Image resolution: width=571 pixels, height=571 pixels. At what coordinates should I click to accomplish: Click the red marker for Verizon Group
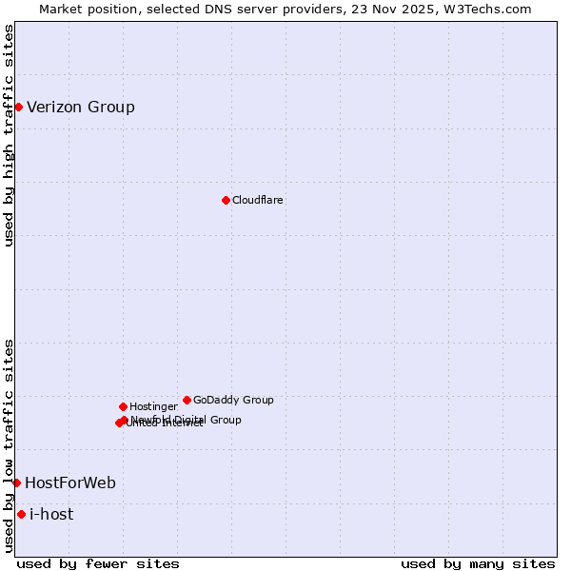18,107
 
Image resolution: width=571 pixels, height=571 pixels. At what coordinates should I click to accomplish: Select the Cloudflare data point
226,200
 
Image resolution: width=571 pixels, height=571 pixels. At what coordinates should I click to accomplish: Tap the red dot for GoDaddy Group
187,400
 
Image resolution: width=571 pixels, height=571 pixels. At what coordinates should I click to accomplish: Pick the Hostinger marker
123,406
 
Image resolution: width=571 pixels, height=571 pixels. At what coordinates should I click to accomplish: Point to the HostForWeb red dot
16,482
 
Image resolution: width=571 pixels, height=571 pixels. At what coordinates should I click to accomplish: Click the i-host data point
21,514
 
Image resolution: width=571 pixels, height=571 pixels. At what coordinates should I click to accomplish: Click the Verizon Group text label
81,107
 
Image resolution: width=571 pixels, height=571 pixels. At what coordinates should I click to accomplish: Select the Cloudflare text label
258,200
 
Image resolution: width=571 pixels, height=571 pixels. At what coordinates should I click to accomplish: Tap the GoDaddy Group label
233,400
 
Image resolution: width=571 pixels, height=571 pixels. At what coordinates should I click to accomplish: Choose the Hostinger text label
153,406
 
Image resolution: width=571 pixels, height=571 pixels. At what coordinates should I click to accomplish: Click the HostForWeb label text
70,482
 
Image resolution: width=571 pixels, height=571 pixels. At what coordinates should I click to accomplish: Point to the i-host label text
51,514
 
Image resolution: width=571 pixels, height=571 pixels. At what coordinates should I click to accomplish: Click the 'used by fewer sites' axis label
98,563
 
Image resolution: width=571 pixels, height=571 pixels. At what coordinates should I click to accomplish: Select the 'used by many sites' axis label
478,563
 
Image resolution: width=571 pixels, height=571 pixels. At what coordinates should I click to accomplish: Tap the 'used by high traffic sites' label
9,135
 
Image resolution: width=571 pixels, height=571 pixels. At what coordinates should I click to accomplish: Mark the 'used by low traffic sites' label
9,445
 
